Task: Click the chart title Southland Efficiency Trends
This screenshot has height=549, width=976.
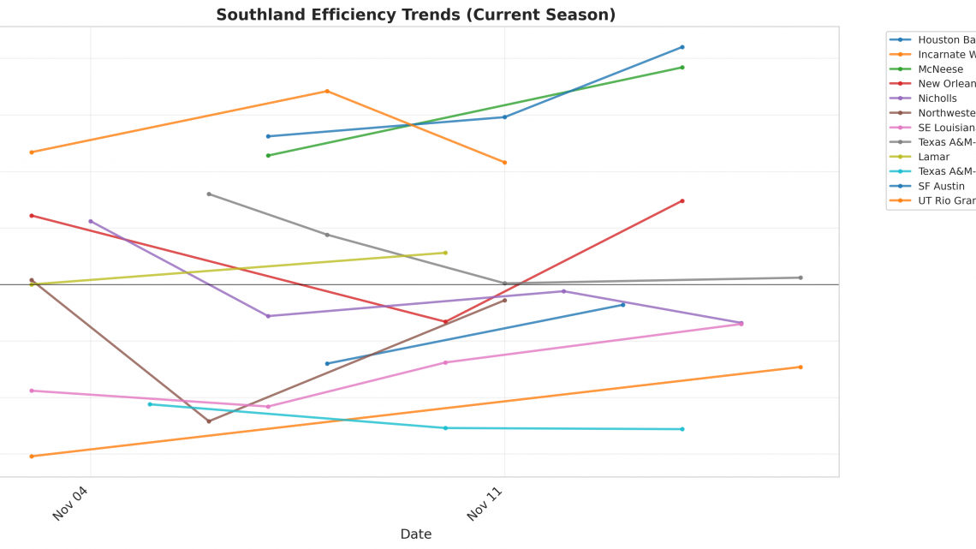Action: [x=415, y=15]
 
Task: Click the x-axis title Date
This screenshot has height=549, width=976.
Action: [x=415, y=534]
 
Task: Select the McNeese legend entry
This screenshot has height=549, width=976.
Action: [x=940, y=69]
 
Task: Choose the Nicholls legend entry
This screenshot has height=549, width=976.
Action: [x=937, y=98]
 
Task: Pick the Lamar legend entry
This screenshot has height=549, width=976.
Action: [x=933, y=157]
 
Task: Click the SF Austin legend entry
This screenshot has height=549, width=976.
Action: [x=941, y=186]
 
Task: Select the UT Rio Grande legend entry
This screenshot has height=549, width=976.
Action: [x=946, y=200]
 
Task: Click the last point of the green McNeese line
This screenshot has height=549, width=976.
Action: [x=682, y=67]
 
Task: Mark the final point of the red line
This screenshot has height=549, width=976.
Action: [x=682, y=201]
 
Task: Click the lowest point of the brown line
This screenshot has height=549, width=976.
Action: [x=209, y=421]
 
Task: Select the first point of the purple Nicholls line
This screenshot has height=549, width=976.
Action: [x=91, y=221]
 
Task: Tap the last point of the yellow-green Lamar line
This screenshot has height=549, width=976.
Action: [x=445, y=253]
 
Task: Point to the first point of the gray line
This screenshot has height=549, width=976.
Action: [x=209, y=194]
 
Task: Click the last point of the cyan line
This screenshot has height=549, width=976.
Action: [x=682, y=429]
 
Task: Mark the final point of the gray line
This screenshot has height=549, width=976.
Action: [x=800, y=277]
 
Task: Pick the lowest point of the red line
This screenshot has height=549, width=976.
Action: [x=445, y=322]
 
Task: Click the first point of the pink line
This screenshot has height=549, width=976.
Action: [x=32, y=391]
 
